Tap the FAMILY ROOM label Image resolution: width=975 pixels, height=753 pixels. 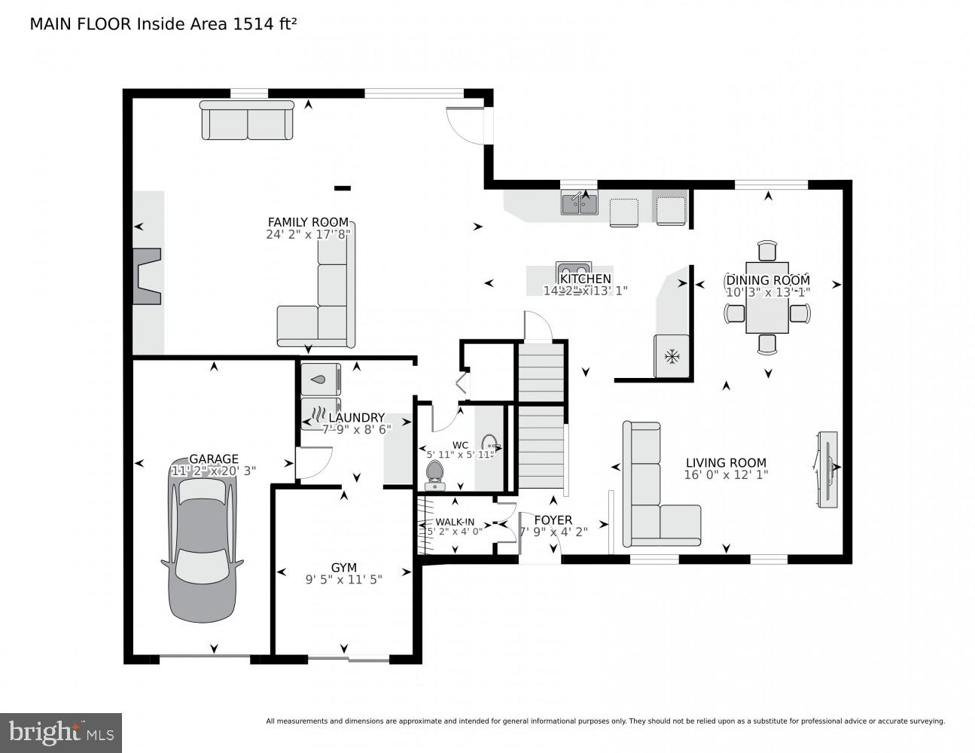tap(308, 222)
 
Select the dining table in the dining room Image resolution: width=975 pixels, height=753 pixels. tap(766, 297)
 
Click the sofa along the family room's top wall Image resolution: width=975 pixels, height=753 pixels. tap(247, 120)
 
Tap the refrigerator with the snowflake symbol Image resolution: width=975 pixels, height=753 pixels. tap(671, 355)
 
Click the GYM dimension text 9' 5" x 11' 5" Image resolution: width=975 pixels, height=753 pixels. tap(343, 580)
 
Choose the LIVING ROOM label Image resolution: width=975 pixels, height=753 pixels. tap(726, 463)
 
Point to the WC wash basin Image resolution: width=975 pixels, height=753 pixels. tap(489, 443)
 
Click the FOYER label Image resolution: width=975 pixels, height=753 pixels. tap(553, 520)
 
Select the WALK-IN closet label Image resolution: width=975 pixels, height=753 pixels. tap(455, 522)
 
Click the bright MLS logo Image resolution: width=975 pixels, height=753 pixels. tap(61, 731)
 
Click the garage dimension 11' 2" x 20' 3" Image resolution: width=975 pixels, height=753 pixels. tap(214, 471)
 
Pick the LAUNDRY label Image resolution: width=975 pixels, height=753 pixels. tap(357, 418)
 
